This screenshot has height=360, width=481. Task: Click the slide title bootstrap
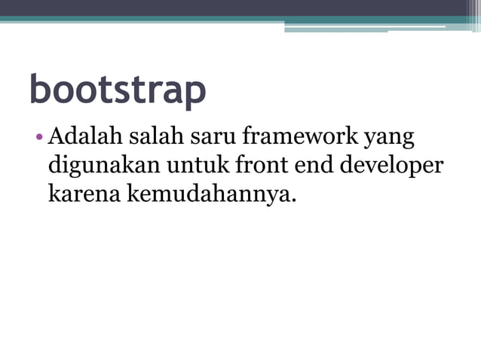click(118, 90)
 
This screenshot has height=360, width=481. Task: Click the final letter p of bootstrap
click(195, 93)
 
